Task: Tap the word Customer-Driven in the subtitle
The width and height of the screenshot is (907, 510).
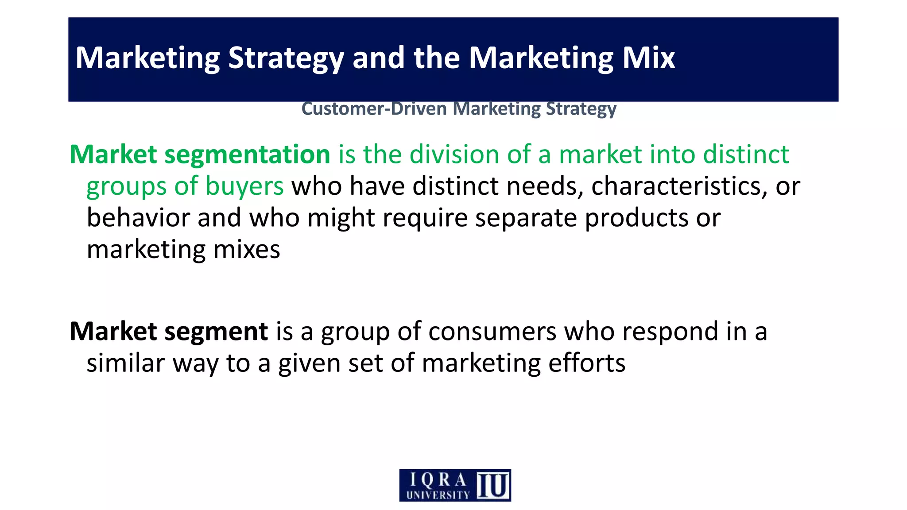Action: click(x=374, y=109)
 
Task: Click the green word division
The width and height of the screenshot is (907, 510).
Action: click(x=454, y=155)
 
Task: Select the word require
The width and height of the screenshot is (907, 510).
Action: click(x=425, y=218)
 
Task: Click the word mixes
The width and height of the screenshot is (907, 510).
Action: click(x=247, y=250)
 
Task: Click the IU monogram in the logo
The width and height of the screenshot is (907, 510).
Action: click(x=492, y=485)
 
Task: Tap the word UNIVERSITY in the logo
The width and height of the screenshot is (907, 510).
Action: click(x=438, y=495)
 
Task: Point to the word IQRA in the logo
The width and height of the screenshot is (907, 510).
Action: click(x=438, y=479)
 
